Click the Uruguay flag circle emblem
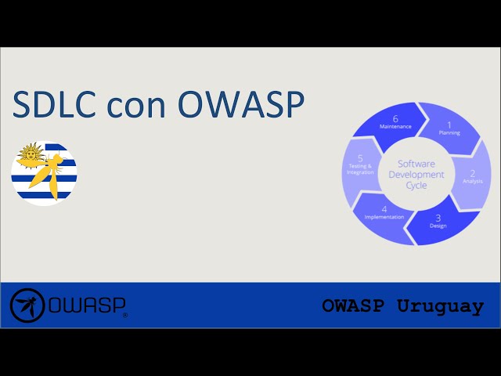44,173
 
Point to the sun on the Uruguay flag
30,155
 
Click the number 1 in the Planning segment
449,125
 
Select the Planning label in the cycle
449,133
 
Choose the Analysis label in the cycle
472,181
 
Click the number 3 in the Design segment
438,217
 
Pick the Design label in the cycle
438,226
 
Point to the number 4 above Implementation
384,208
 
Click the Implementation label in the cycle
384,217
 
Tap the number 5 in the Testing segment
360,157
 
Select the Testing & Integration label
360,169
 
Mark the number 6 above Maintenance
395,118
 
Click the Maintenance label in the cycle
395,126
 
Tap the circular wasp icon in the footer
27,305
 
